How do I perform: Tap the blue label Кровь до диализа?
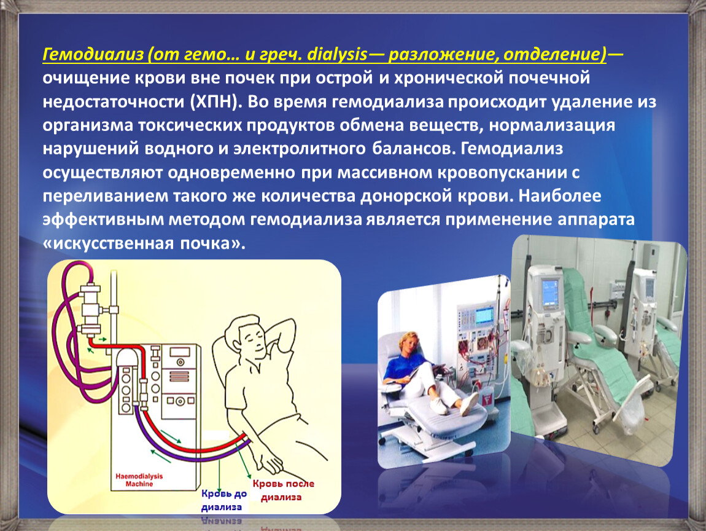tap(223, 500)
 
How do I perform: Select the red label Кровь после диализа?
tap(282, 490)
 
